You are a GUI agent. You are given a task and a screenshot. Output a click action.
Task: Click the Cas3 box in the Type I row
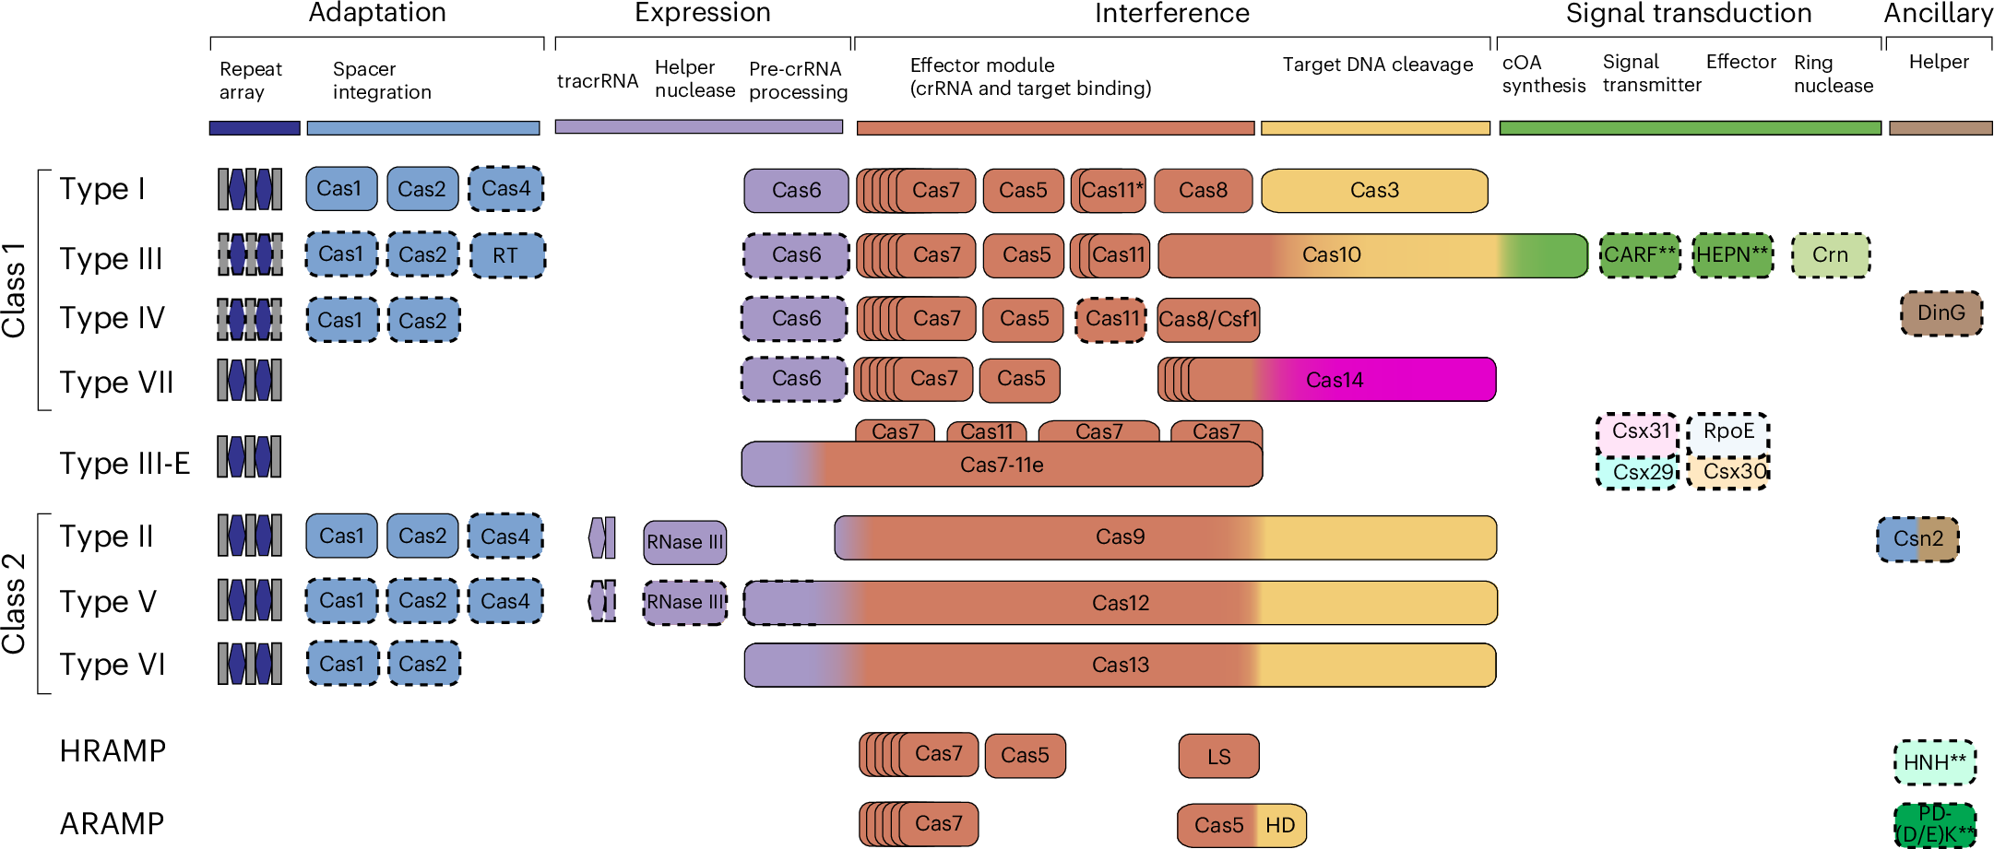coord(1373,191)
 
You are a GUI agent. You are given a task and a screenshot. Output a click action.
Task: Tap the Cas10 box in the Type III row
coord(1331,255)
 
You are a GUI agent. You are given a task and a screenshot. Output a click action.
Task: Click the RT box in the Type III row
coord(506,255)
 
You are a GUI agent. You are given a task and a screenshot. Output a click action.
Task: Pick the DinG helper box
coord(1941,313)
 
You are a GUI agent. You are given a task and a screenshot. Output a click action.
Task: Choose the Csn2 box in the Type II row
coord(1917,539)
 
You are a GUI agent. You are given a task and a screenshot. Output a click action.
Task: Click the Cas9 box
coord(1120,537)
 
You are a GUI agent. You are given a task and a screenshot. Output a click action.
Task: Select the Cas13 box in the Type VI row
coord(1120,666)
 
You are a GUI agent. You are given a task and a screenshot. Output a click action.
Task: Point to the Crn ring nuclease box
coord(1830,255)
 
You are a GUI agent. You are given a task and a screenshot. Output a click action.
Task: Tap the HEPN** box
coord(1732,255)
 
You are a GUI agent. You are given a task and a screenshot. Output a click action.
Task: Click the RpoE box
coord(1727,432)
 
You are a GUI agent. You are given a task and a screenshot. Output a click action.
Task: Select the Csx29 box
coord(1637,473)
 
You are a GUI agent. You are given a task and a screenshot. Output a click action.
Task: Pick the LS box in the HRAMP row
coord(1218,757)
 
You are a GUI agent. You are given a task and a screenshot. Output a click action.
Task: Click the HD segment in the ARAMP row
coord(1281,826)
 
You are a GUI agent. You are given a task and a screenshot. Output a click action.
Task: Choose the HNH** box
coord(1934,763)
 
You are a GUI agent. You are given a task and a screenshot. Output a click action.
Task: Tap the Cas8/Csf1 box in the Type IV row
coord(1207,320)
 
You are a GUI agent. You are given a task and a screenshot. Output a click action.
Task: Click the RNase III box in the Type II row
coord(684,542)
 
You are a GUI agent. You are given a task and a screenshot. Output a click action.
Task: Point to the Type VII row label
coord(116,382)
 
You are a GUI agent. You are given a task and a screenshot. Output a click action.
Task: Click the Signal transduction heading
coord(1688,14)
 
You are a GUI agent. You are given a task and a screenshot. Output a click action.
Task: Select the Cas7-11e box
coord(1002,466)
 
